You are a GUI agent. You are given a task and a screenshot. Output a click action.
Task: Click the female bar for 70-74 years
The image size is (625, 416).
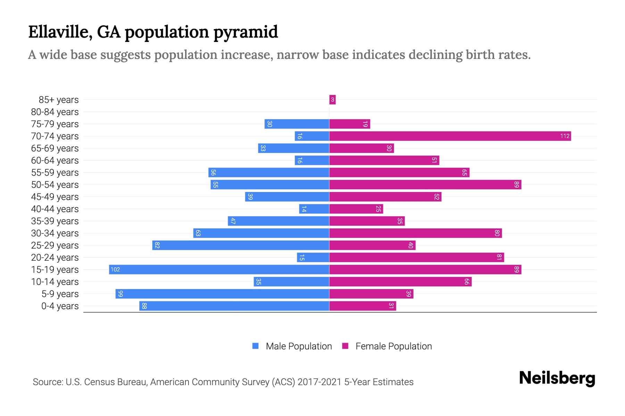tap(450, 136)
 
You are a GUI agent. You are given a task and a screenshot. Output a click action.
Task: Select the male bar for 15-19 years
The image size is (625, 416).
tap(219, 270)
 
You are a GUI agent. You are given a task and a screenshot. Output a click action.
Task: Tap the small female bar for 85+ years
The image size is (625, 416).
tap(332, 100)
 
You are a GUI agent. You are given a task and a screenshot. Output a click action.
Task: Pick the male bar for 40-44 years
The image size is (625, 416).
tap(314, 209)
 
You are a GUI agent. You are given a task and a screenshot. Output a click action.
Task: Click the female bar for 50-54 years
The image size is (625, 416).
tap(425, 185)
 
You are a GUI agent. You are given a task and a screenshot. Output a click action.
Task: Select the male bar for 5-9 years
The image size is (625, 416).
tap(222, 294)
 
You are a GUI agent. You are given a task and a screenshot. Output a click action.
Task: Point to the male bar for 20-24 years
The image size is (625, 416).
tap(313, 258)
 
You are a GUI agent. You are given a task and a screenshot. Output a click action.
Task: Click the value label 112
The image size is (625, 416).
tap(565, 136)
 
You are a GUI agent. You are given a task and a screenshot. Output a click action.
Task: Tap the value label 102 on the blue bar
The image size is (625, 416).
tap(115, 270)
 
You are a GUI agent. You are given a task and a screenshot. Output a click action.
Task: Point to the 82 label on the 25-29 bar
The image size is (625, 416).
tap(157, 245)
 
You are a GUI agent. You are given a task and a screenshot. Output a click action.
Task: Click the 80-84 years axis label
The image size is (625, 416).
tap(55, 112)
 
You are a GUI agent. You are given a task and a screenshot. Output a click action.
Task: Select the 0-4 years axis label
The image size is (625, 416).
tap(60, 306)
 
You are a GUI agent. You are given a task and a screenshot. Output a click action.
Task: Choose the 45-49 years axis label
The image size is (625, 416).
tap(55, 197)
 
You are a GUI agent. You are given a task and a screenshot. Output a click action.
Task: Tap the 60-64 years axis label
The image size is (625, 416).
tap(55, 161)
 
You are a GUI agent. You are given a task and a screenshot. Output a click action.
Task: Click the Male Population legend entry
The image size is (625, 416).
tap(299, 346)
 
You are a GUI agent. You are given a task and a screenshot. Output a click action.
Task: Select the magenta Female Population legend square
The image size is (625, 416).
tap(345, 346)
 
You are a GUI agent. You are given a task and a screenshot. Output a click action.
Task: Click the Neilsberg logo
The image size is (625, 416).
tap(557, 378)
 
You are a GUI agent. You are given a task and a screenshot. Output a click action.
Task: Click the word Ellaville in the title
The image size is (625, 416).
tap(60, 32)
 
